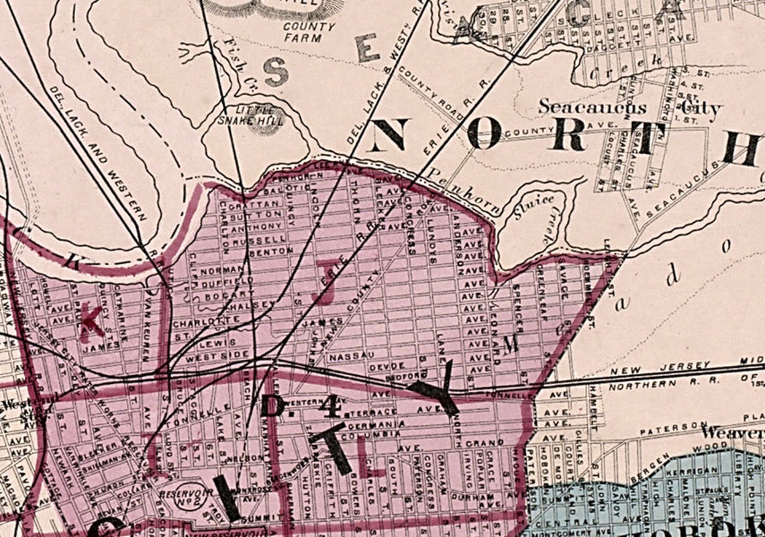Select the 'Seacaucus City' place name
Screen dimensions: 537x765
click(629, 107)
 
